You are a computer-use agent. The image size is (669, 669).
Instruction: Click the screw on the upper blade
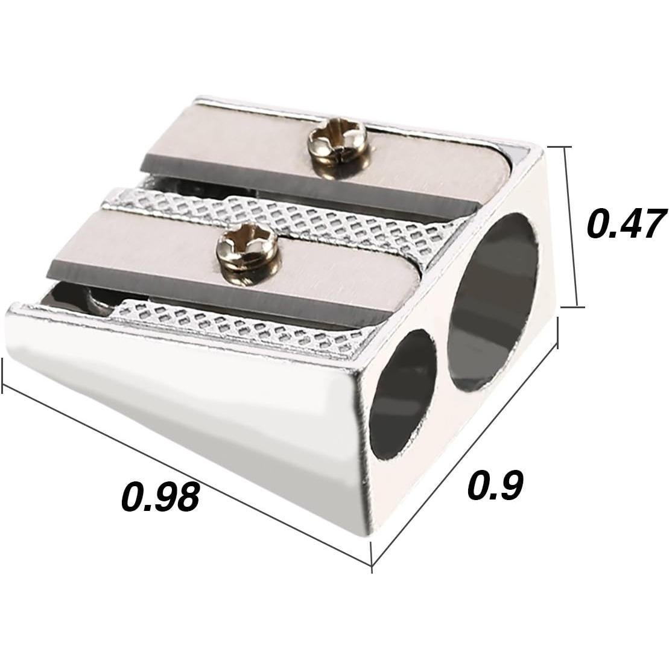point(337,141)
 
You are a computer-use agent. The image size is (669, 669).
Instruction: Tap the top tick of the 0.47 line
point(559,147)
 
